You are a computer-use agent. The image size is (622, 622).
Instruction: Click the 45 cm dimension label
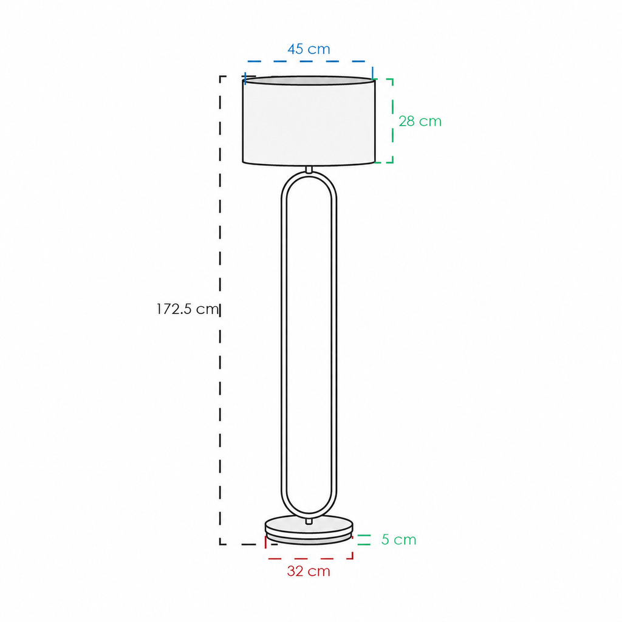click(x=309, y=49)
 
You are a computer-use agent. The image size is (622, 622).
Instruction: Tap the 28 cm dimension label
click(x=420, y=121)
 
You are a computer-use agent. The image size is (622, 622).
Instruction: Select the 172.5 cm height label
click(x=188, y=309)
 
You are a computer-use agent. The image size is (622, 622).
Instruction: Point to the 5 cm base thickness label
click(x=398, y=539)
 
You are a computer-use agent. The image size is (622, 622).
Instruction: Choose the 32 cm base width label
click(x=309, y=571)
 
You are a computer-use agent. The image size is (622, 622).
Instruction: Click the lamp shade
click(x=309, y=121)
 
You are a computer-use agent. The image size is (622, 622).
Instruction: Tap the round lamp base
click(x=309, y=530)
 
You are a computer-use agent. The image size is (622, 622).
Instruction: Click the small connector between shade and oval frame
click(x=309, y=169)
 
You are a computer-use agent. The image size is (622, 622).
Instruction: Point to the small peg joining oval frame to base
click(x=309, y=521)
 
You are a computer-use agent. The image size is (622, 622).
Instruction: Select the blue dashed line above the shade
click(x=309, y=61)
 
